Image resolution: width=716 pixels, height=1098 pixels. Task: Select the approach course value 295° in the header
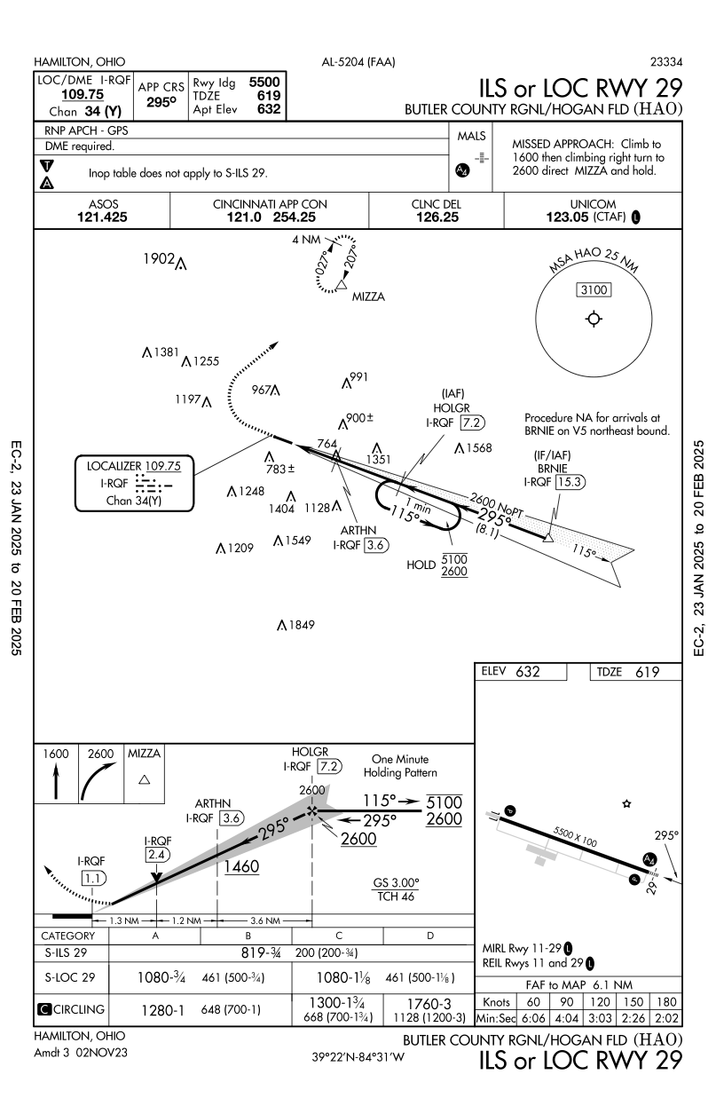pos(161,103)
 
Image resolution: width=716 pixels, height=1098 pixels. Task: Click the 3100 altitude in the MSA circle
pos(593,289)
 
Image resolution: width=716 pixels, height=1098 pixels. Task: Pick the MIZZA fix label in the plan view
pos(368,297)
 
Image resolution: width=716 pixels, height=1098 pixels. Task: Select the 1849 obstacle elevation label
pos(301,626)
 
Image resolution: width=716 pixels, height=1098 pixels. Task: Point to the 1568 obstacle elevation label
pos(476,447)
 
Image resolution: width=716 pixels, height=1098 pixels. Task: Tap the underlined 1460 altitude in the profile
pos(241,866)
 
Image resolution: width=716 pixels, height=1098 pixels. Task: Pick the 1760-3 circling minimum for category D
pos(429,1001)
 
